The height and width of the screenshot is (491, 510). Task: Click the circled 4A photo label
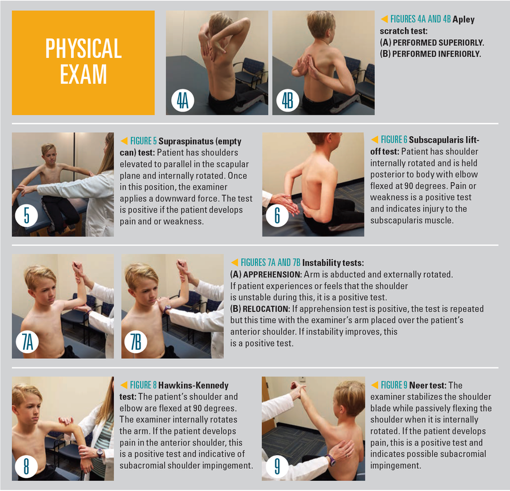coord(183,100)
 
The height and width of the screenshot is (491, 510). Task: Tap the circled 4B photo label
coord(287,100)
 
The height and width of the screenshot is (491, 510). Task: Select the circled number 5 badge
coord(27,215)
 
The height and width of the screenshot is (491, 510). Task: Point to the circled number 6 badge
coord(277,215)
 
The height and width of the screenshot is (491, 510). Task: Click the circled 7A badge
coord(27,342)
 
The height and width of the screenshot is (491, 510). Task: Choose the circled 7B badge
coord(135,342)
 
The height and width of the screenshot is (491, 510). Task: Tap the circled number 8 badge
coord(26,466)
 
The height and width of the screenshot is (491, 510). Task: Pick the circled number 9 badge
coord(277,466)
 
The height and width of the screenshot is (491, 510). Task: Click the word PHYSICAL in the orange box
coord(84,49)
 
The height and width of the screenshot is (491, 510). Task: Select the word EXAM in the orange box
coord(83,74)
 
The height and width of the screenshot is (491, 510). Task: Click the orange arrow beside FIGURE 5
coord(124,141)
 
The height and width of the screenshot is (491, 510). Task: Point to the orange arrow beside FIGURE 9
coord(375,385)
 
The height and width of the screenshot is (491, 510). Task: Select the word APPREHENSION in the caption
coord(272,274)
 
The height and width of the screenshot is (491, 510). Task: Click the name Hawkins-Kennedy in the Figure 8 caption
coord(193,386)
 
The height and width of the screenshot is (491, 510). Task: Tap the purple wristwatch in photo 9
coord(331,460)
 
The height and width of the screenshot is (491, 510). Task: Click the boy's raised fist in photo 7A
coord(78,268)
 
